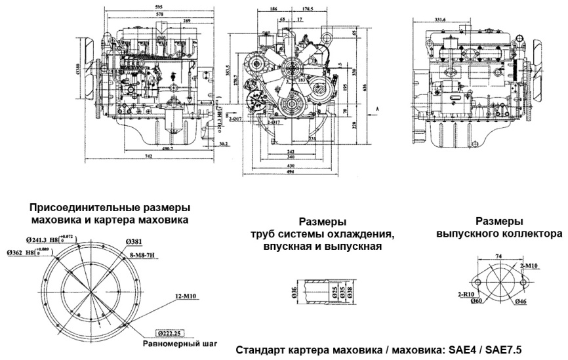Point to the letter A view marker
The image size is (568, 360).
[378, 106]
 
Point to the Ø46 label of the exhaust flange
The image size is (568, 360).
[522, 301]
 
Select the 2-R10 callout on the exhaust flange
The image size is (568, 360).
[468, 295]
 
